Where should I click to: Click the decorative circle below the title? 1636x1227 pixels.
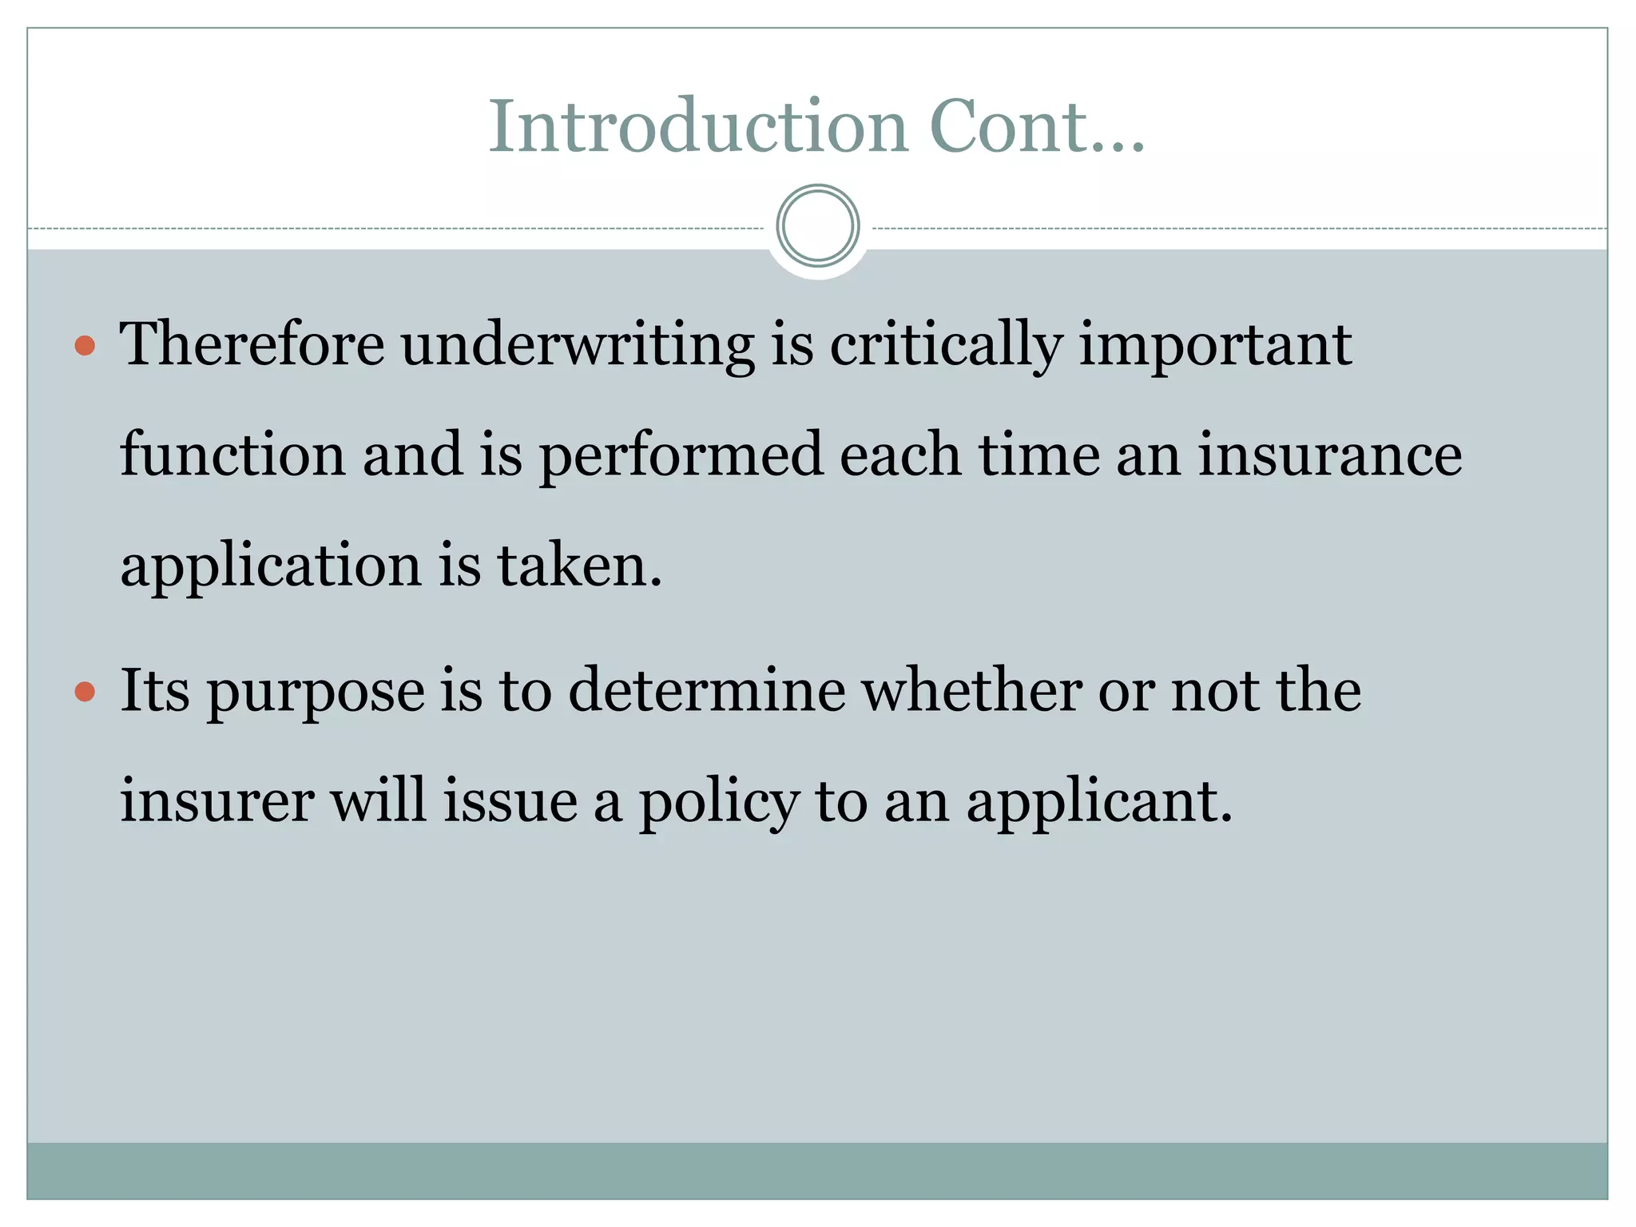817,225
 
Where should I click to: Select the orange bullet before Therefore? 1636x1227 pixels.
85,346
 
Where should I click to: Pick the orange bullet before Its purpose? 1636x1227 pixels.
85,691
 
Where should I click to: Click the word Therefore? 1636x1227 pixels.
252,344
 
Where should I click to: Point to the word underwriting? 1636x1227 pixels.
578,346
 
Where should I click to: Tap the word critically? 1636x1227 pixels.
946,346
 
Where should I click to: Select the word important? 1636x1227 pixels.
1215,346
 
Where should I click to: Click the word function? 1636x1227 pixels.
232,454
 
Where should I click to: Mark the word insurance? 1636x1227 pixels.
1330,454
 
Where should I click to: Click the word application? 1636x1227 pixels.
270,566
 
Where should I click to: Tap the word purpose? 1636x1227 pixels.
316,692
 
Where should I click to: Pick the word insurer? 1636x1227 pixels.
216,800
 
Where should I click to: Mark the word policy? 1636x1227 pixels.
718,802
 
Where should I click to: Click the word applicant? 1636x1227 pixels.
1100,802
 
